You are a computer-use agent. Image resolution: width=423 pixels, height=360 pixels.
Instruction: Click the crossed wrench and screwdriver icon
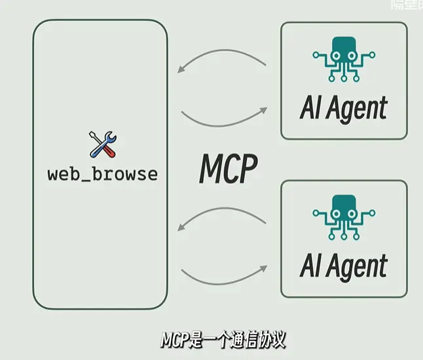coord(103,145)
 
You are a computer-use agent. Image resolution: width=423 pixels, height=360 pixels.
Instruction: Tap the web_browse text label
coord(103,175)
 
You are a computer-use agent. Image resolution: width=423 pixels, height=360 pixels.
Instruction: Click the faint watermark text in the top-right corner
coord(406,5)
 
